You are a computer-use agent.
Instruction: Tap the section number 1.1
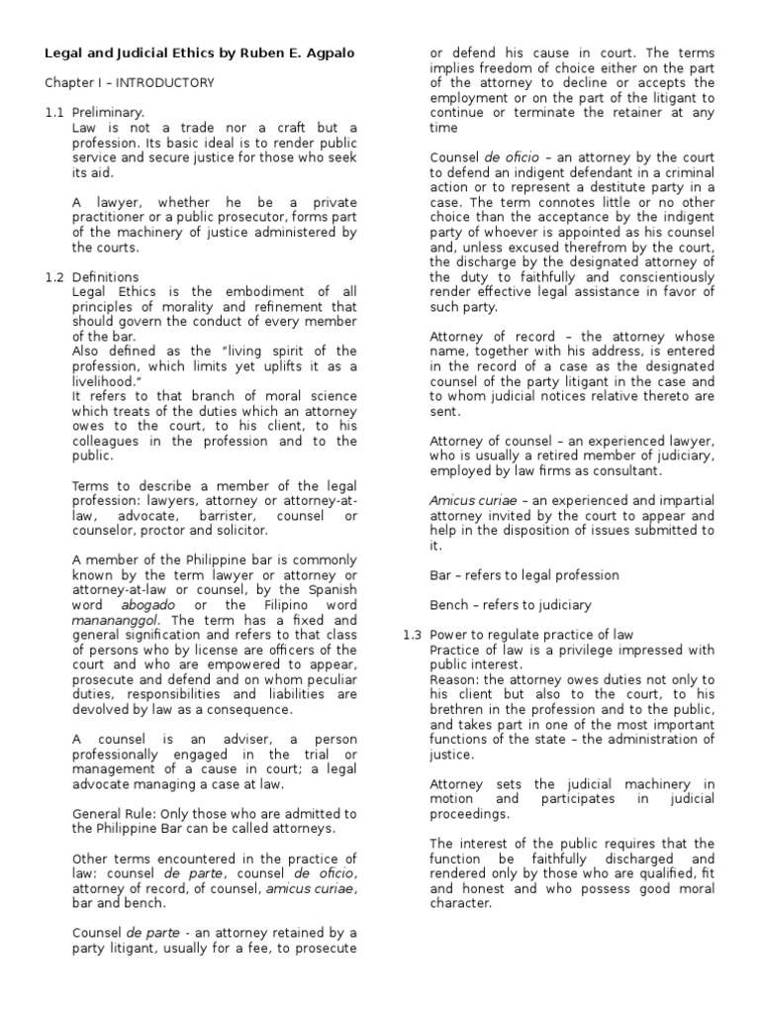click(x=54, y=113)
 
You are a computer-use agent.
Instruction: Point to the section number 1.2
click(x=54, y=277)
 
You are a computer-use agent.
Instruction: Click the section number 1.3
click(x=413, y=635)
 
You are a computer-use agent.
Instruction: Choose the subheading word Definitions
click(x=105, y=277)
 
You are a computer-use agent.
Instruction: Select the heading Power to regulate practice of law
click(x=531, y=635)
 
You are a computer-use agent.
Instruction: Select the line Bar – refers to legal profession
click(x=524, y=575)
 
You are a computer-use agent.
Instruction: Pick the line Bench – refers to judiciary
click(x=511, y=605)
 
